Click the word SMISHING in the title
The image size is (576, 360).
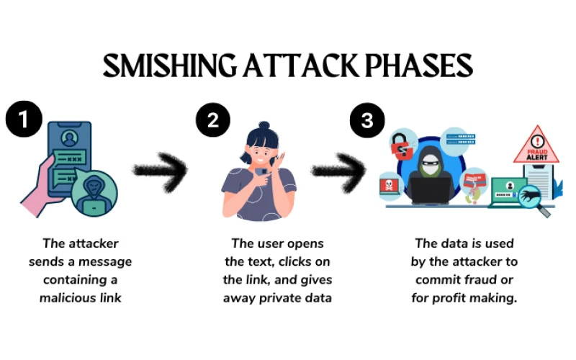(169, 66)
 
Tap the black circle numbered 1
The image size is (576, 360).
(24, 119)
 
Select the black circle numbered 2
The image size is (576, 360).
(213, 120)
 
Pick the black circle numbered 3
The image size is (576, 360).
(367, 120)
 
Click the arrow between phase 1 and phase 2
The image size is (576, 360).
(161, 171)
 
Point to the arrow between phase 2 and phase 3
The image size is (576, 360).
(339, 171)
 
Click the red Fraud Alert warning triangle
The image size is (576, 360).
(536, 145)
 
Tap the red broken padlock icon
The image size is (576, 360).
(402, 146)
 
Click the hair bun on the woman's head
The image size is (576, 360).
(264, 125)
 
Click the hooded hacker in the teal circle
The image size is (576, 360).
(94, 194)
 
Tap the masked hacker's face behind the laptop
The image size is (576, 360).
(429, 164)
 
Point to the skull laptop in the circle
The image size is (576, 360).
(390, 186)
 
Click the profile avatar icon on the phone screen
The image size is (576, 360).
(69, 138)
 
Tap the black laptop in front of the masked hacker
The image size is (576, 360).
(430, 190)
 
